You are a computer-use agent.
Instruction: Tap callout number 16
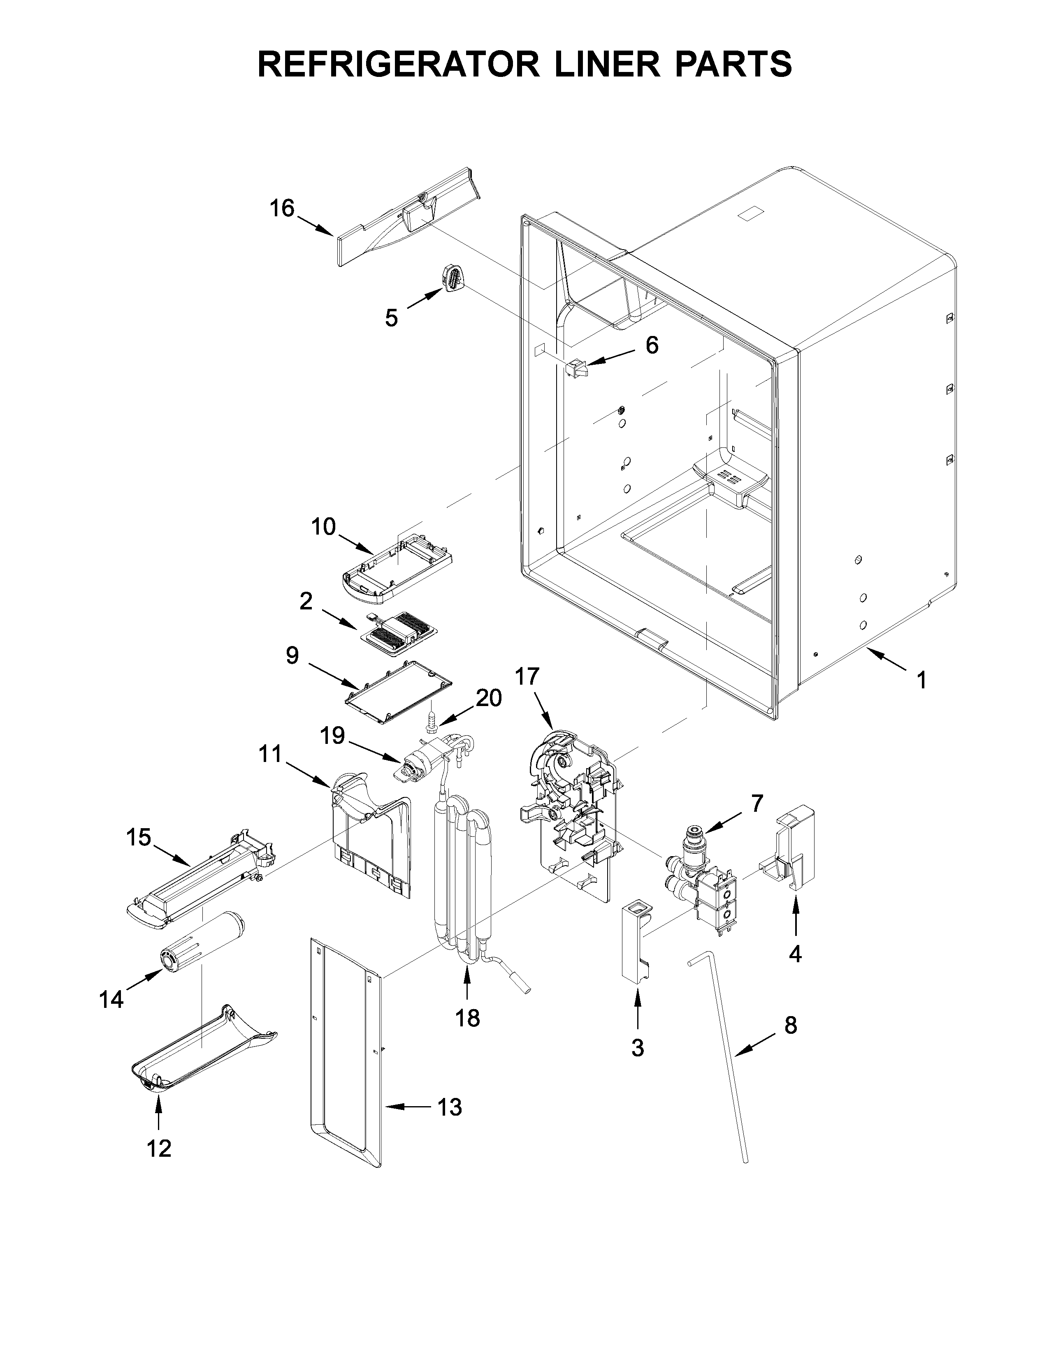click(x=281, y=209)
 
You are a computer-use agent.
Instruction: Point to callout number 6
click(x=651, y=345)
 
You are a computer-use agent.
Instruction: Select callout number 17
click(x=527, y=676)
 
